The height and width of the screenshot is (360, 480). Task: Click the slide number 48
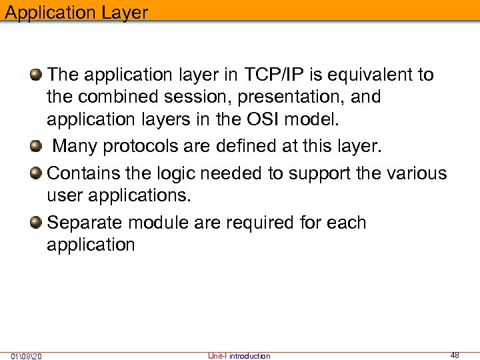click(455, 355)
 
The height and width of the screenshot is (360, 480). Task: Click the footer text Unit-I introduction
click(239, 356)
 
